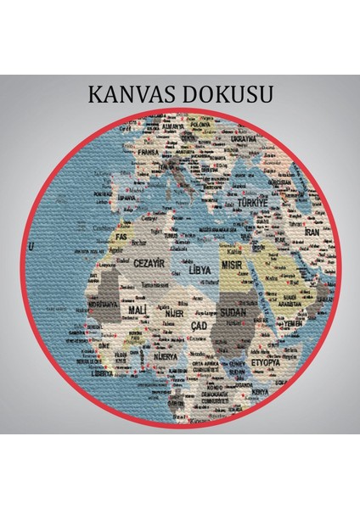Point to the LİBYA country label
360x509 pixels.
[200, 270]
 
